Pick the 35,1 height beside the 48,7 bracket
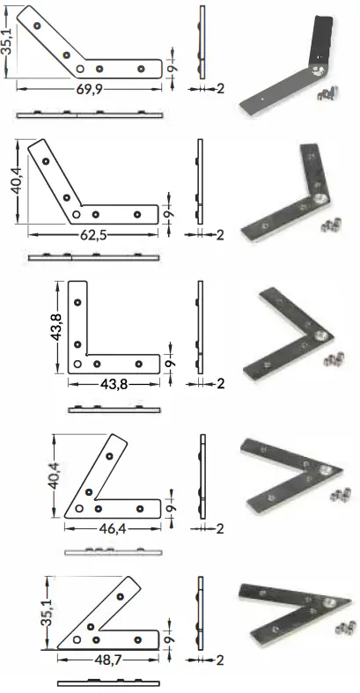pos(48,608)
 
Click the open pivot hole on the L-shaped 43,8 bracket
pos(78,363)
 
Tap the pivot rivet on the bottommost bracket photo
pos(326,603)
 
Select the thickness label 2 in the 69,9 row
pos(219,89)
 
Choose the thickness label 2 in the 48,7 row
pos(219,659)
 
